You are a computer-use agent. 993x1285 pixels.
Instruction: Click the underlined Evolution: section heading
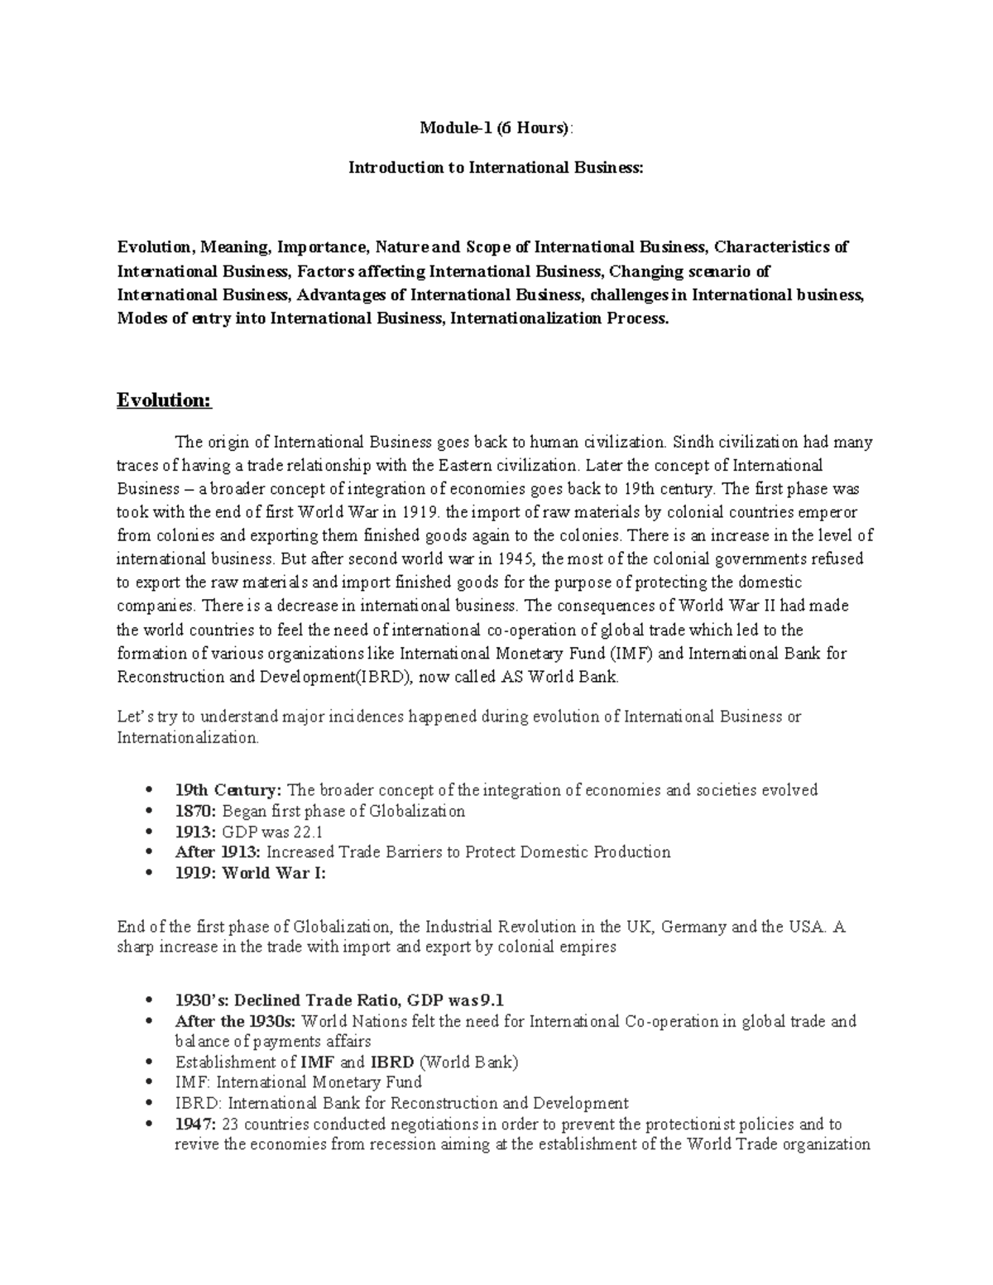(165, 400)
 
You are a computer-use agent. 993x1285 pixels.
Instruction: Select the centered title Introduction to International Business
(495, 167)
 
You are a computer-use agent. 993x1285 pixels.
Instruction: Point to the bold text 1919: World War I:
(251, 873)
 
